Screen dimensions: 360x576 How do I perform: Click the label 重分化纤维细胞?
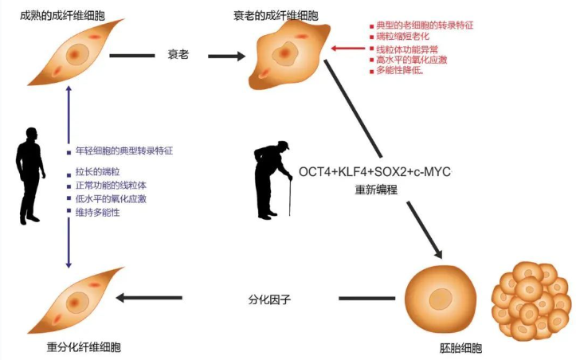coord(84,347)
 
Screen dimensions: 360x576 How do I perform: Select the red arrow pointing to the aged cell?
coord(348,49)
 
